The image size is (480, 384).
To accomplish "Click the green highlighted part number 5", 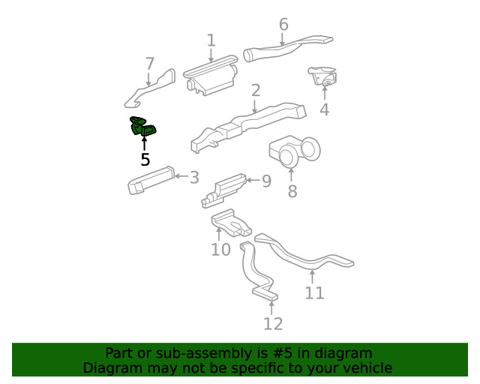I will click(142, 128).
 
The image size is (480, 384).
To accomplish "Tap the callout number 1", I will click(211, 40).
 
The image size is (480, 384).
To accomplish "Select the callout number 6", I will click(283, 25).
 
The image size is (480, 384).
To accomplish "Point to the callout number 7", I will click(149, 63).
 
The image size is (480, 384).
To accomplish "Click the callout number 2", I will click(256, 91).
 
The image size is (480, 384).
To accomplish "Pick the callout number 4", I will click(324, 109).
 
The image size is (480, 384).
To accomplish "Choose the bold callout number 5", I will click(145, 160).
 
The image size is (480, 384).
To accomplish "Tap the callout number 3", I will click(194, 178).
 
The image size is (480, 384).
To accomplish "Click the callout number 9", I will click(265, 181).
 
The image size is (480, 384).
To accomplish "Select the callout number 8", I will click(292, 191).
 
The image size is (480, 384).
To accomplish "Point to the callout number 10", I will click(220, 249).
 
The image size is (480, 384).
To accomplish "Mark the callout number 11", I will click(314, 292).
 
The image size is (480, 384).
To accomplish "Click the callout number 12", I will click(273, 323).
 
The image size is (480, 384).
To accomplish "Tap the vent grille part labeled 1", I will click(210, 77).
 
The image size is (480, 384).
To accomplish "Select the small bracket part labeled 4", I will click(322, 76).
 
